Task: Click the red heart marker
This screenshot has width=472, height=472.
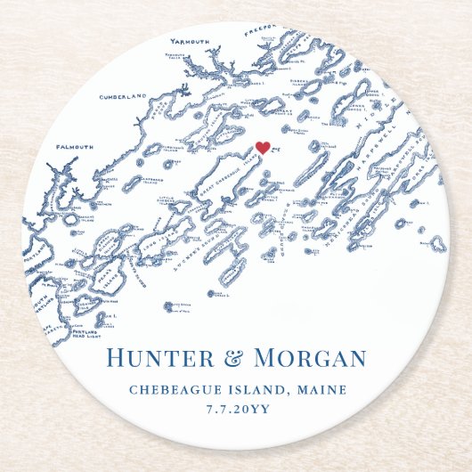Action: coord(262,148)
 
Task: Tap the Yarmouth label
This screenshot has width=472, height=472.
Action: coord(192,41)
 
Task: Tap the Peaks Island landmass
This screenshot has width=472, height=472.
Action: coord(108,276)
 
